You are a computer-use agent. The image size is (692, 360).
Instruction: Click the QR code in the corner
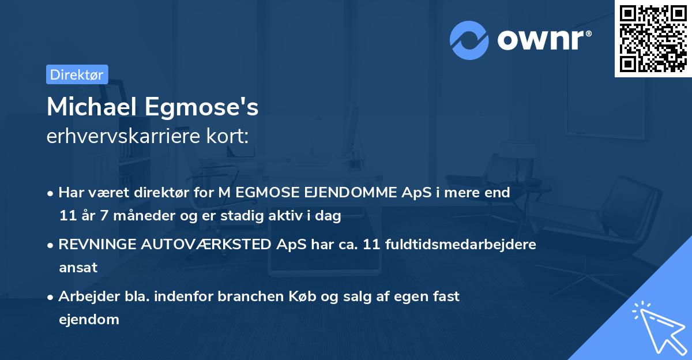click(653, 39)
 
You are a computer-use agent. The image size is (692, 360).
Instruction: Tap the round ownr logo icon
click(469, 40)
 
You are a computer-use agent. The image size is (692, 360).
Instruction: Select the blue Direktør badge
click(77, 74)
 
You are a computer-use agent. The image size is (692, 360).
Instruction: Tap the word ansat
click(78, 268)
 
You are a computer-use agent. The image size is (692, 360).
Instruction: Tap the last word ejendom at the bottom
click(89, 320)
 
